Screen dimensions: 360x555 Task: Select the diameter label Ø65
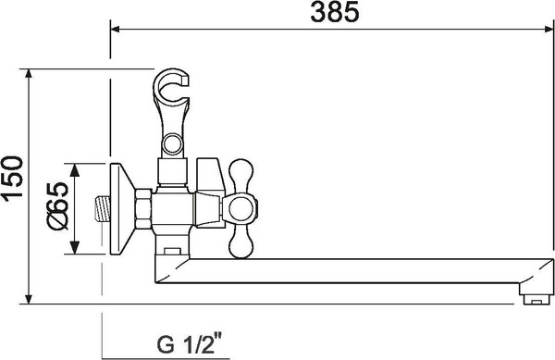[x=57, y=210]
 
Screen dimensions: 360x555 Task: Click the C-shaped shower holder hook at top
[x=171, y=90]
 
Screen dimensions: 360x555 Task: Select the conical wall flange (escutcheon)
[x=119, y=210]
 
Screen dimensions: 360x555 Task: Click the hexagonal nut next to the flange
[x=144, y=210]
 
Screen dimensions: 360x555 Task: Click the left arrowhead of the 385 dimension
[x=116, y=29]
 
